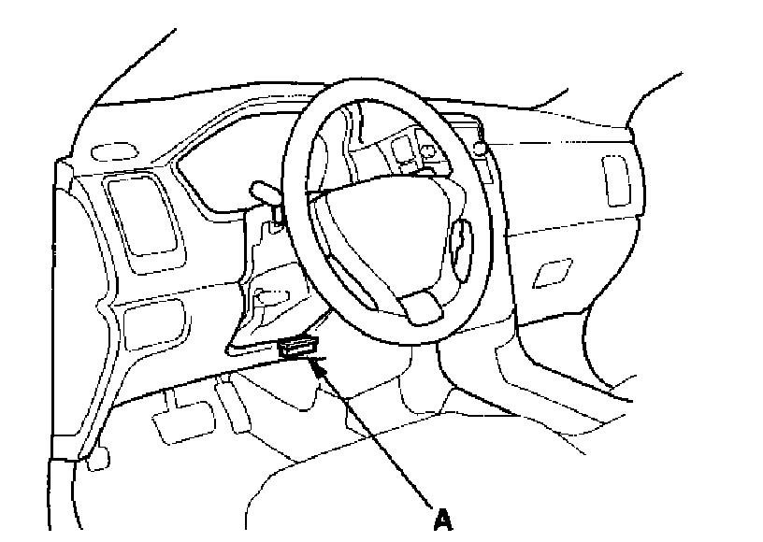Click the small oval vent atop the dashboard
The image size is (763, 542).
click(x=112, y=151)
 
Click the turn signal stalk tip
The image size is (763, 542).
click(x=263, y=191)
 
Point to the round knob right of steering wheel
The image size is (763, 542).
click(x=480, y=149)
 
